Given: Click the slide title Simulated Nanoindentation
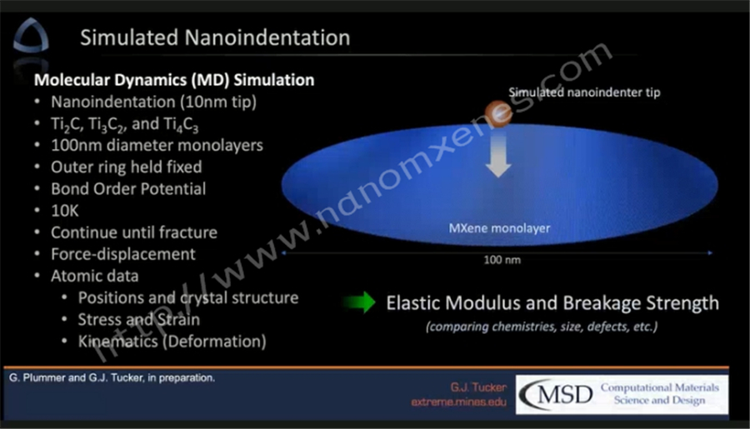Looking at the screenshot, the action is coord(215,37).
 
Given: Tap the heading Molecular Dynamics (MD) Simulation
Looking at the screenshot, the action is coord(174,80).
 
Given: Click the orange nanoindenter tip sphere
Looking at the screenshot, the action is coord(498,113).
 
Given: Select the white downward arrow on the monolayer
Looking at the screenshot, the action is coord(498,153).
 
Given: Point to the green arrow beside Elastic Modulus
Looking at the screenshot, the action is coord(360,302).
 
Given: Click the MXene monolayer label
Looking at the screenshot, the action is coord(499,228).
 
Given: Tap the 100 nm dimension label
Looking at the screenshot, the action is coord(502,260).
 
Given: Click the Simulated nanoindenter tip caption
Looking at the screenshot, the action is coord(584,92).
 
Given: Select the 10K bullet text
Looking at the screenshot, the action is coord(64,211).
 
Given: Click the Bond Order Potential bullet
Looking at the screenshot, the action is coord(128,189).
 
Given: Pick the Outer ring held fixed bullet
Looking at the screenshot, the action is coord(127,167).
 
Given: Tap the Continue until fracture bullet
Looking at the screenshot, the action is coord(134,232).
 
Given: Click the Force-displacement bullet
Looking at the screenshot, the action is coord(123,254).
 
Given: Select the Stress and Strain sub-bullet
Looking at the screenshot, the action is coord(138,320).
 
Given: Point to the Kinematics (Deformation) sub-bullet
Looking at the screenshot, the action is coord(172,342).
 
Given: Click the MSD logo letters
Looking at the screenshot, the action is coord(557,395).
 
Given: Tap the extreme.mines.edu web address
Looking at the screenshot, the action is coord(458,402).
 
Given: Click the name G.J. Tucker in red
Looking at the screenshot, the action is coord(478,387).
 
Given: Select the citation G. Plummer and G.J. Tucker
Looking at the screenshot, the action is coord(112,378).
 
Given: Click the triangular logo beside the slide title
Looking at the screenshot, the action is coord(31,36).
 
